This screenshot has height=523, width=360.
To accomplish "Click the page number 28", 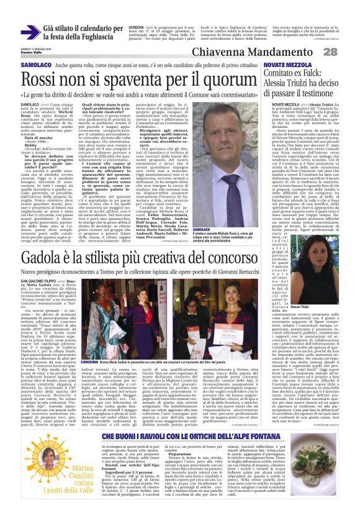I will pyautogui.click(x=348, y=51).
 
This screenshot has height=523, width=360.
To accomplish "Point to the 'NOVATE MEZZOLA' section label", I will pyautogui.click(x=284, y=64).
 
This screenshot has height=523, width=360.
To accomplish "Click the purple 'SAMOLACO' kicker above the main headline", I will pyautogui.click(x=18, y=64).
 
